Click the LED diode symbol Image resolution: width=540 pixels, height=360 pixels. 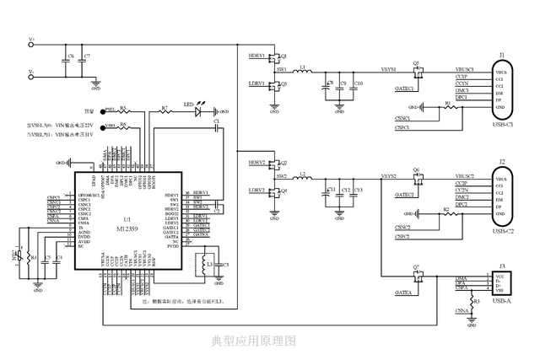(x=201, y=110)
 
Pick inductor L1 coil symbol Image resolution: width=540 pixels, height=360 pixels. (x=301, y=70)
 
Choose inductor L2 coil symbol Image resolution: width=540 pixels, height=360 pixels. (x=301, y=178)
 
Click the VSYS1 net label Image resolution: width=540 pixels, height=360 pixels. (x=389, y=68)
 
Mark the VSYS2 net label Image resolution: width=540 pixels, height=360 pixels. (x=389, y=176)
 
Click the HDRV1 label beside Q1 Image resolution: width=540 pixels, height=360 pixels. (x=256, y=56)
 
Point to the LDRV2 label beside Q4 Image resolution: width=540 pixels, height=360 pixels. (x=256, y=191)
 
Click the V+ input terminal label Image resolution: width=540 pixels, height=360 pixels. (x=31, y=40)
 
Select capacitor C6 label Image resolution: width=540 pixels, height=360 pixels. (x=71, y=56)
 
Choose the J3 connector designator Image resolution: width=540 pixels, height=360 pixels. (x=502, y=266)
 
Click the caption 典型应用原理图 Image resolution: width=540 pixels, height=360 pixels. (x=253, y=340)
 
